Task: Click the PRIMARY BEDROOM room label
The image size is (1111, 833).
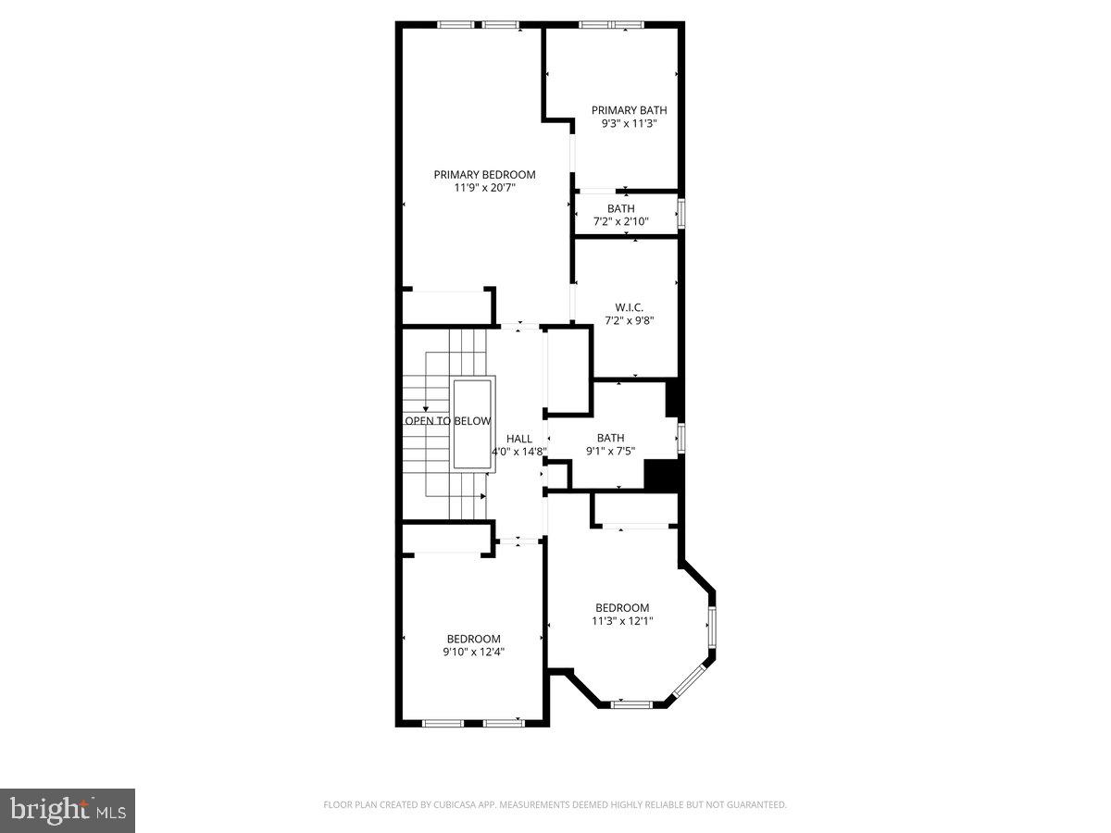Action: pos(484,174)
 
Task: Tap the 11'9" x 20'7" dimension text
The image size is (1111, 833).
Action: pos(484,188)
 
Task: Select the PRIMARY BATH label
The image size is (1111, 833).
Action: pos(629,110)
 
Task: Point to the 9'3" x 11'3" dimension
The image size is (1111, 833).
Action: pos(629,123)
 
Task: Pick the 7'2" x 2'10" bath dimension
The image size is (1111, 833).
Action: pos(620,222)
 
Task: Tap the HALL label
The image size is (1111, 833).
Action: pos(518,439)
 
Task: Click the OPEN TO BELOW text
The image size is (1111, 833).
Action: pos(448,421)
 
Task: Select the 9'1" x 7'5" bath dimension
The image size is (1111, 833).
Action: pos(610,452)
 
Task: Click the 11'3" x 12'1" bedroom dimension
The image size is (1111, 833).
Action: pos(621,621)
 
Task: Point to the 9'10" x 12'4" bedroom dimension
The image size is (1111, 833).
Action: pos(473,652)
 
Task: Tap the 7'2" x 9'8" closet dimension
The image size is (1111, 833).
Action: pos(629,321)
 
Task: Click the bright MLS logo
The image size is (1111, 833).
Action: pos(68,810)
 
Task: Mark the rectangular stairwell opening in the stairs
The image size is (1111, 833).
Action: pos(474,423)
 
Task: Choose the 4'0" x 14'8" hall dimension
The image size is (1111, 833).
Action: pos(518,452)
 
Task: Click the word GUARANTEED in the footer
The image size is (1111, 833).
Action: pos(755,805)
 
